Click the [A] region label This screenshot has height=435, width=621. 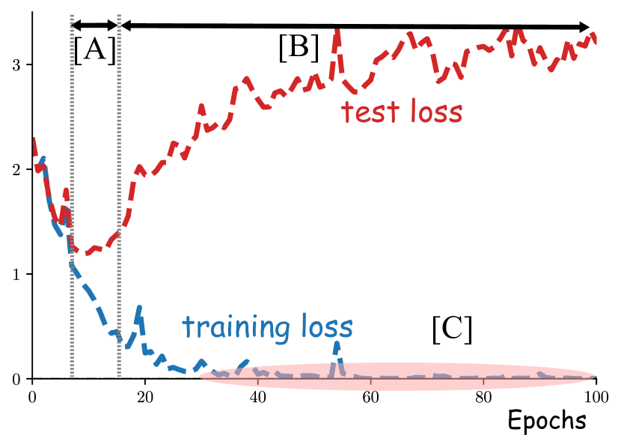(x=95, y=51)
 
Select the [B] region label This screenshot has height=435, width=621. (x=299, y=49)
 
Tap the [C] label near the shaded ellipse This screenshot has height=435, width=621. (x=452, y=329)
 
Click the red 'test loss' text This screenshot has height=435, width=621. (x=402, y=112)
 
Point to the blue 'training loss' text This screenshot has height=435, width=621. (x=267, y=327)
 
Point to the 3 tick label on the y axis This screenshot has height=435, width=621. (x=16, y=65)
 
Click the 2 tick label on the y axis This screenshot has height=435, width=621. (x=16, y=170)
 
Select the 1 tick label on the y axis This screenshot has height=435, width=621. (x=16, y=275)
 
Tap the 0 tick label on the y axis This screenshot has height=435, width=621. (x=16, y=380)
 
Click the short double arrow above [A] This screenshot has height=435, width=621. (x=95, y=26)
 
